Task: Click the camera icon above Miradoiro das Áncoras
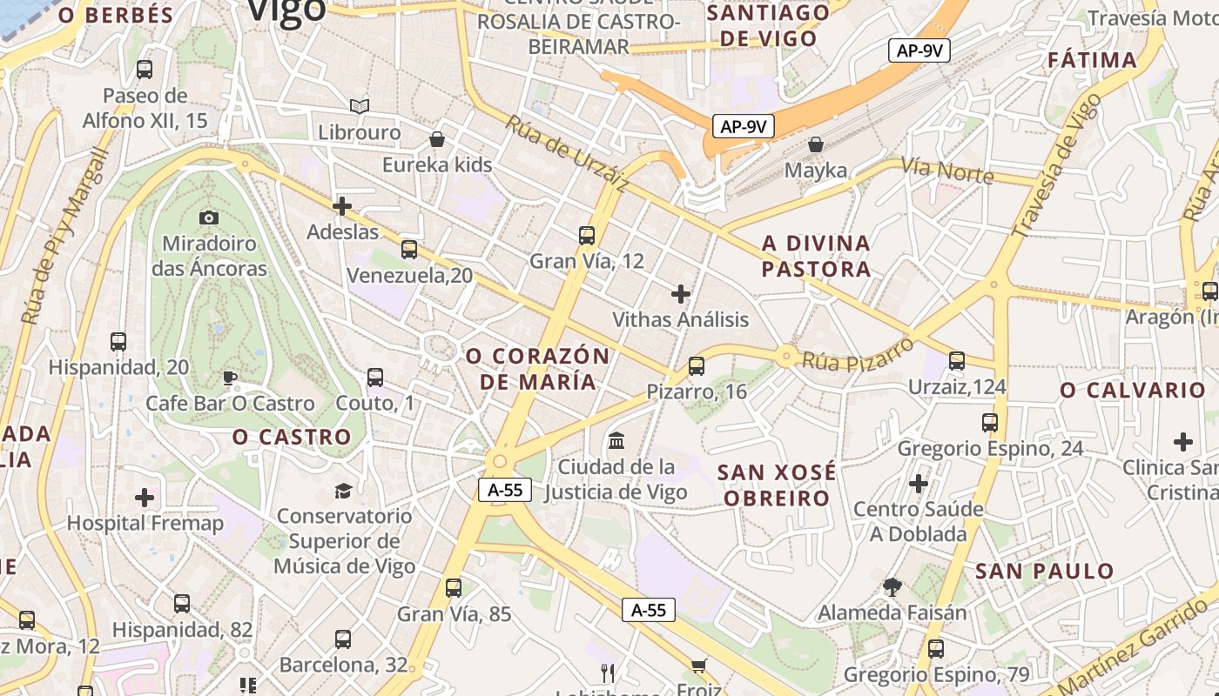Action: point(209,217)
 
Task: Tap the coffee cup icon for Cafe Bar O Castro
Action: point(229,378)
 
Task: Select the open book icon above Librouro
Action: point(360,106)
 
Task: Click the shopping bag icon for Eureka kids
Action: point(437,139)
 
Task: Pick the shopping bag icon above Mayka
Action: point(816,144)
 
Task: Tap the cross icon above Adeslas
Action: point(342,206)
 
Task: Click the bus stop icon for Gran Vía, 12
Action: point(587,235)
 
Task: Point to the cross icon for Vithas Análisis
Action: point(681,294)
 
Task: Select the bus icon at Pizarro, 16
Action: point(696,366)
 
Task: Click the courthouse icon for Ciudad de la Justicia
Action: point(616,440)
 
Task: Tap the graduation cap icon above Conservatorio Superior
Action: point(344,491)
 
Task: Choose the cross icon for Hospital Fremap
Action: point(145,498)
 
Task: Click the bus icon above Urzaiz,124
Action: point(957,360)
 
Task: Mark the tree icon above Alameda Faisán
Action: point(892,587)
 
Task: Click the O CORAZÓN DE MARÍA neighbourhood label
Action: point(537,369)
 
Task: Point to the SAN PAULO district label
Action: point(1044,572)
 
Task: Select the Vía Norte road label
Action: point(946,171)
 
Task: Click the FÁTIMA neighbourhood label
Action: point(1092,60)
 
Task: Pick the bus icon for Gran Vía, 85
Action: point(454,587)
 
